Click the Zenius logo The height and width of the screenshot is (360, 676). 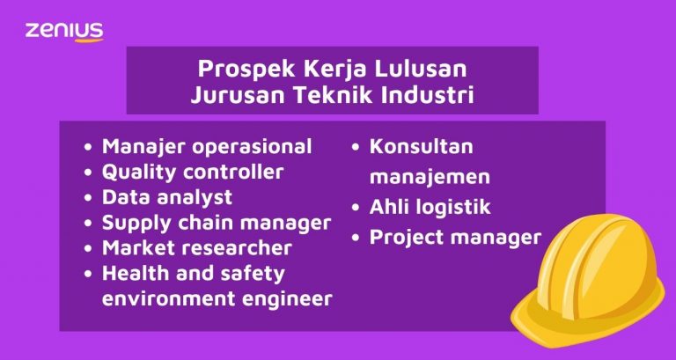[64, 31]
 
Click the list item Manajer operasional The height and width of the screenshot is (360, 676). [207, 146]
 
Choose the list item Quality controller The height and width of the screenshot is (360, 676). [192, 172]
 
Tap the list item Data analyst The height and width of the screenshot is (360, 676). [167, 197]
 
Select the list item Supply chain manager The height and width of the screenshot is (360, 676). [217, 223]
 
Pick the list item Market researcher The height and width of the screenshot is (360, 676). [196, 248]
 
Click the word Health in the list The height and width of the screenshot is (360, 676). [134, 274]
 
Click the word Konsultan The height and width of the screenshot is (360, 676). [422, 146]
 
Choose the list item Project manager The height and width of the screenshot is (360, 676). [455, 238]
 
